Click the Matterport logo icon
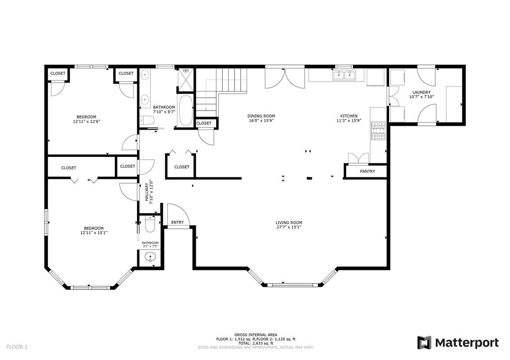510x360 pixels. pyautogui.click(x=424, y=343)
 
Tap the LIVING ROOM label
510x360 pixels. pyautogui.click(x=289, y=223)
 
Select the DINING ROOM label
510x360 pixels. pyautogui.click(x=261, y=116)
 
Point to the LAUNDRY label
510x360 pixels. pyautogui.click(x=421, y=92)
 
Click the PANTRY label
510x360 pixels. pyautogui.click(x=367, y=171)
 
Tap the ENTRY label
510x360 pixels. pyautogui.click(x=177, y=222)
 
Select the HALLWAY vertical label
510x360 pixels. pyautogui.click(x=147, y=191)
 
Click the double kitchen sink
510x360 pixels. pyautogui.click(x=344, y=75)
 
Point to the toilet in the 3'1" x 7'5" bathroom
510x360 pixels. pyautogui.click(x=149, y=227)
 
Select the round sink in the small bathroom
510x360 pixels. pyautogui.click(x=149, y=257)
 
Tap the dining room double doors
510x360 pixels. pyautogui.click(x=284, y=77)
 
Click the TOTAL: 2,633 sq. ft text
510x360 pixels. pyautogui.click(x=255, y=343)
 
